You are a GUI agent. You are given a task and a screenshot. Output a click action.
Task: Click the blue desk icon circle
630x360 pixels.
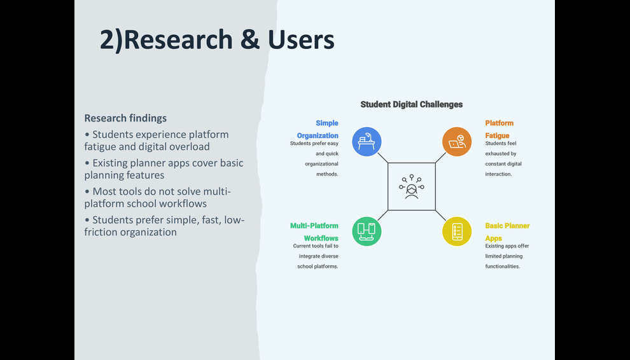click(x=367, y=141)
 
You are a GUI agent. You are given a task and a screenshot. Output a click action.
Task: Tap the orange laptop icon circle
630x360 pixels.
click(x=457, y=141)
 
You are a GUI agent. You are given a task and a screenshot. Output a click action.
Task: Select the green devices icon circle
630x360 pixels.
click(x=367, y=232)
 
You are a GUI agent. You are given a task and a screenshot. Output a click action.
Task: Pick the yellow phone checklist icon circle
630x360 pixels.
click(x=457, y=232)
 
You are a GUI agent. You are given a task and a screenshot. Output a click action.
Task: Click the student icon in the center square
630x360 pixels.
click(x=412, y=187)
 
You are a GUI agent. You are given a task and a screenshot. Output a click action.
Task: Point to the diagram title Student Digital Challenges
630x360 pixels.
click(x=412, y=104)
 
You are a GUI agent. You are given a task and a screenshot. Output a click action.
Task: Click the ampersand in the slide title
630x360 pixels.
click(x=250, y=40)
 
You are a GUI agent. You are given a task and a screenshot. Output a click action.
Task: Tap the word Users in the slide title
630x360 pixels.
click(x=301, y=40)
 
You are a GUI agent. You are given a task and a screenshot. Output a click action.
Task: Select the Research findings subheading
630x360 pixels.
click(x=125, y=118)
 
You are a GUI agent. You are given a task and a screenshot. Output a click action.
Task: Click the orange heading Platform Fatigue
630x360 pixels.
click(x=500, y=129)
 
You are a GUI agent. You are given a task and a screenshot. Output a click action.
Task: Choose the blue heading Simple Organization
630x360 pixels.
click(x=318, y=129)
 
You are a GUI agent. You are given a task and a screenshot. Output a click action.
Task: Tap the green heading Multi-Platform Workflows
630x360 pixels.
click(x=314, y=232)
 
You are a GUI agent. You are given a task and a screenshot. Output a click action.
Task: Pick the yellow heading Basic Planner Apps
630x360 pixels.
click(x=507, y=232)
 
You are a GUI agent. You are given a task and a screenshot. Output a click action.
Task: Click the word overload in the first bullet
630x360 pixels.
click(x=188, y=147)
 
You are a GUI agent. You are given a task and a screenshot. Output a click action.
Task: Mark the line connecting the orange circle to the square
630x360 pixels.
click(x=440, y=158)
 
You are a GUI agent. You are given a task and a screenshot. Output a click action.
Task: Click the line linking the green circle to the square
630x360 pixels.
click(x=383, y=216)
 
